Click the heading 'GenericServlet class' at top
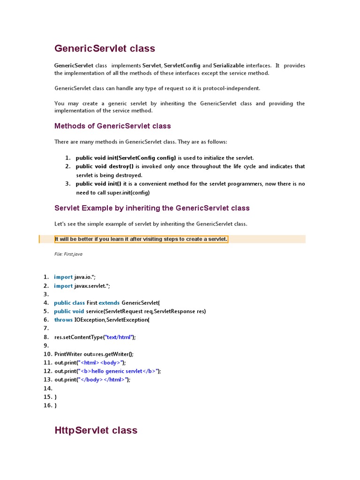click(x=105, y=49)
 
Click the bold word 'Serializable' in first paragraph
click(x=228, y=66)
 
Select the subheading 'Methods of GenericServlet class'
click(x=112, y=126)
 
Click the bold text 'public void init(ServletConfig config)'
click(x=126, y=158)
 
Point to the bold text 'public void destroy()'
click(x=105, y=166)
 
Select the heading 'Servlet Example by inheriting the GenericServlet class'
click(x=152, y=208)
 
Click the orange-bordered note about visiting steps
click(x=141, y=239)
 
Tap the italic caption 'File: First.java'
click(x=68, y=254)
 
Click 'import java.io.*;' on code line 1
click(x=75, y=277)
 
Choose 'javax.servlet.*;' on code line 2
click(x=92, y=286)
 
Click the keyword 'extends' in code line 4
click(x=109, y=303)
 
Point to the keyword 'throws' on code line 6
click(x=63, y=320)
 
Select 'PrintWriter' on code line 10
click(x=68, y=354)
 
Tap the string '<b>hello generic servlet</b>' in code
click(x=120, y=371)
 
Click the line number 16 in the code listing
click(x=47, y=405)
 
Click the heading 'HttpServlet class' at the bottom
click(x=96, y=430)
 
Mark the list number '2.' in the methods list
click(x=68, y=166)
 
